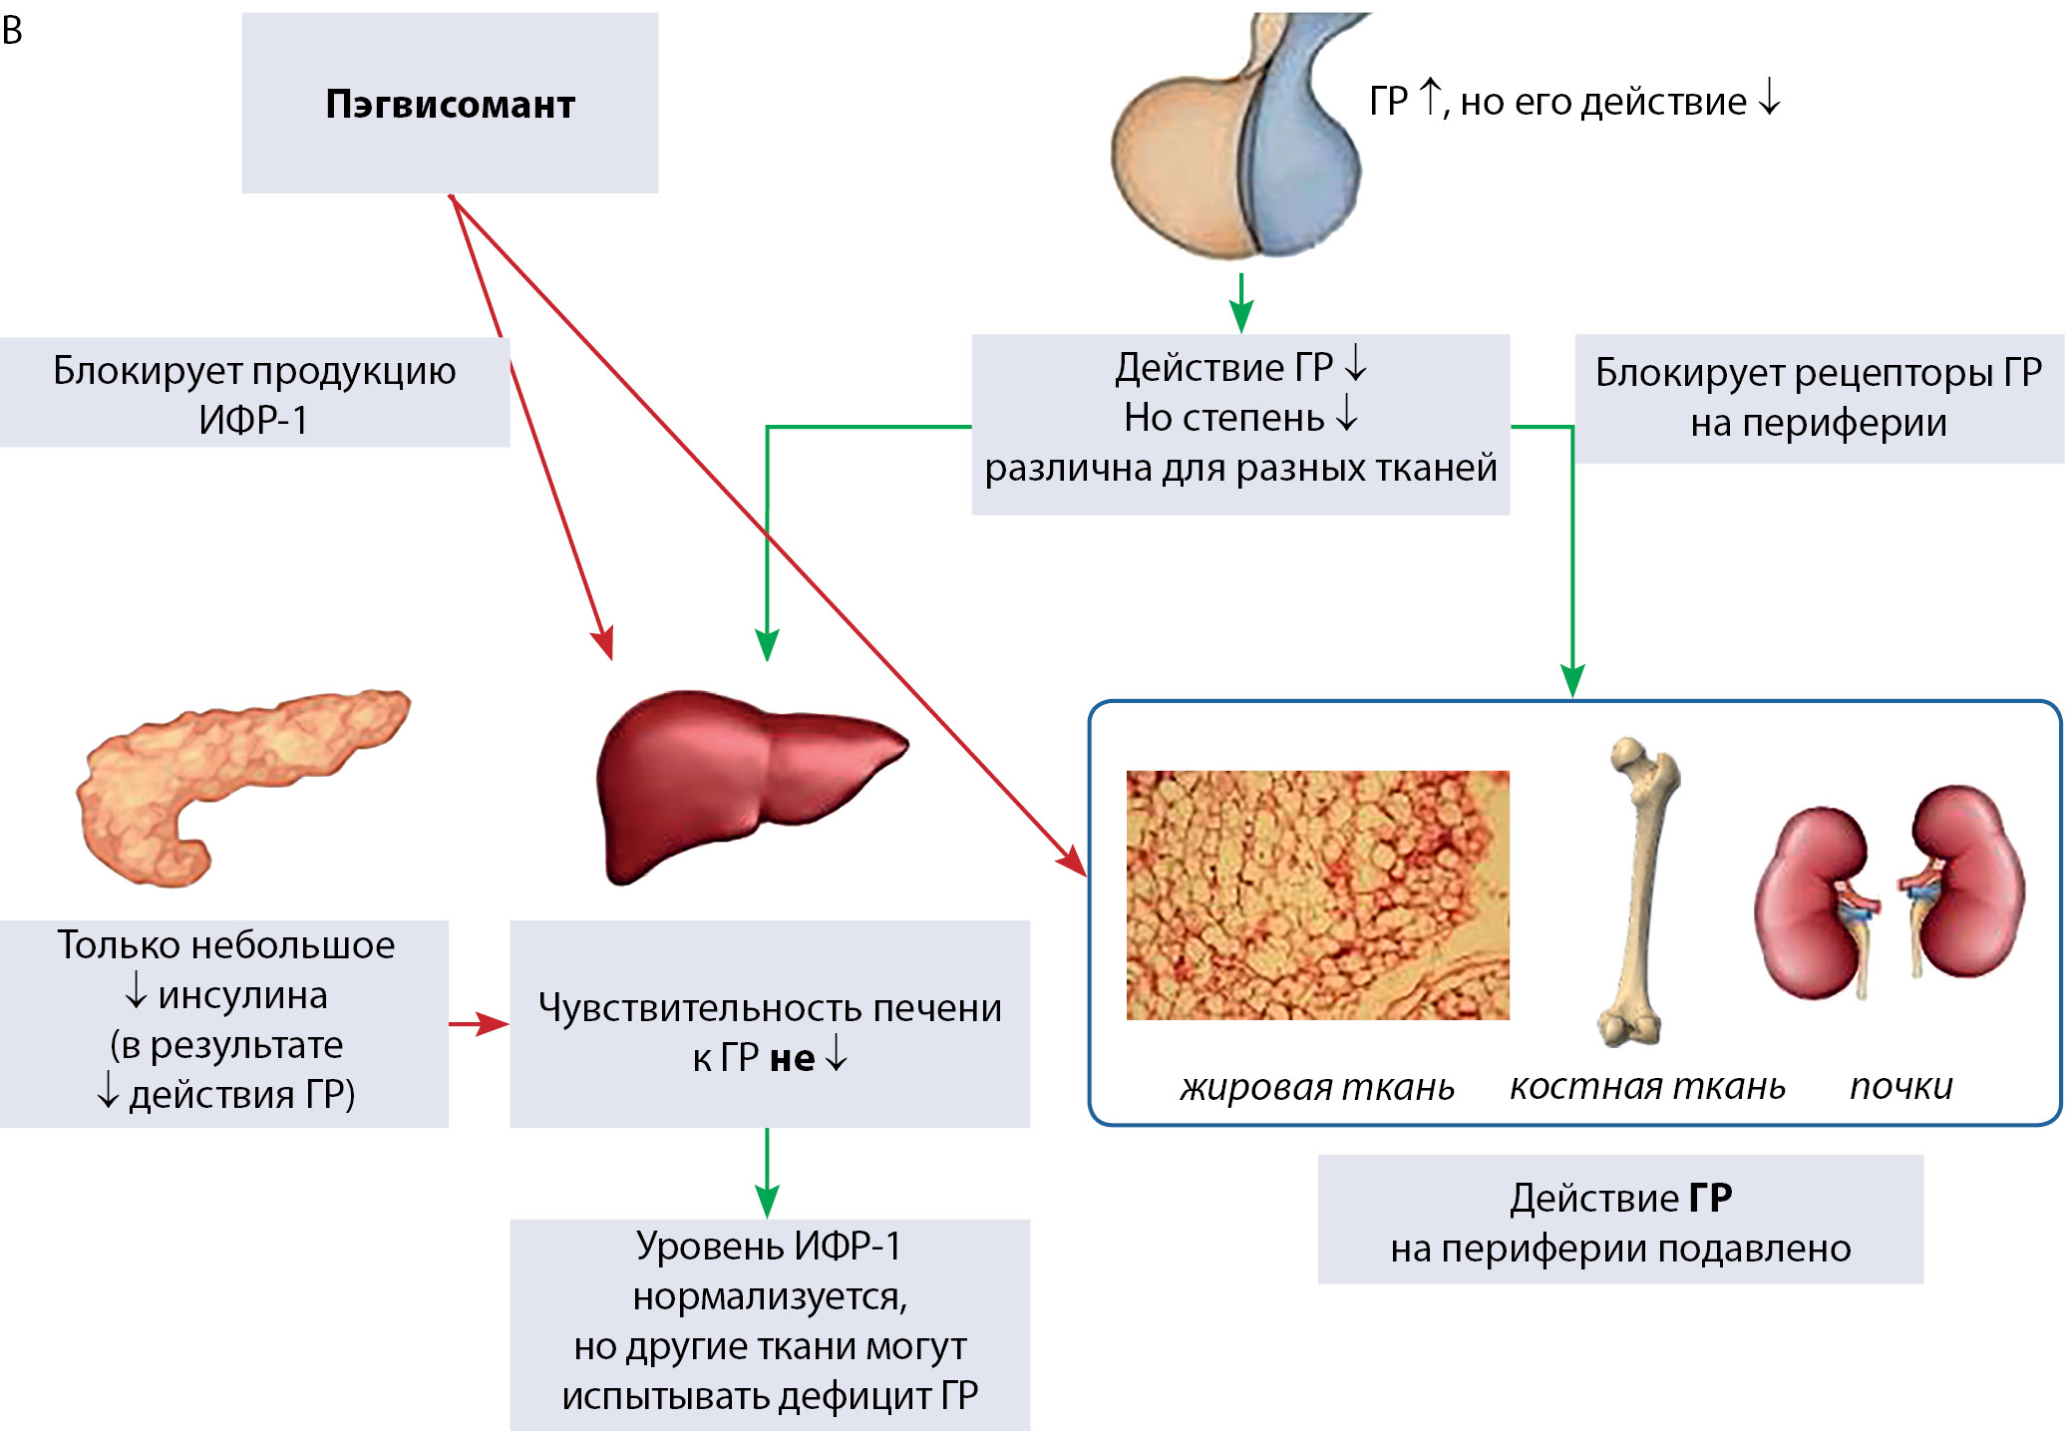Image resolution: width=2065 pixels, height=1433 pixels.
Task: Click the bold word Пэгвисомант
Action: point(450,104)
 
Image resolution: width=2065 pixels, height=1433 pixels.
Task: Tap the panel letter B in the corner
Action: point(13,31)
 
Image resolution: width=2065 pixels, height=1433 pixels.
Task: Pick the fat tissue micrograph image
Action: point(1317,895)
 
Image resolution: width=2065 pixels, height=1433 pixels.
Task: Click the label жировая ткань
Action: point(1317,1086)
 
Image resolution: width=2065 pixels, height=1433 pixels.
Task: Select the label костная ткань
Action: point(1647,1085)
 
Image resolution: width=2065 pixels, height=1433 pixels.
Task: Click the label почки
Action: point(1900,1085)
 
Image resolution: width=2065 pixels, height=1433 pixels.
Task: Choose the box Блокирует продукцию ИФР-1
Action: point(254,394)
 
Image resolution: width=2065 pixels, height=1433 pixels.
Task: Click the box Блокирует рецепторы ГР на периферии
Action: point(1818,398)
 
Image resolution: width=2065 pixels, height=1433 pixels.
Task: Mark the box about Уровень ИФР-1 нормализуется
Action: point(769,1321)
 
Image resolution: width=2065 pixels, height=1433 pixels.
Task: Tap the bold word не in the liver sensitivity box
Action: point(792,1058)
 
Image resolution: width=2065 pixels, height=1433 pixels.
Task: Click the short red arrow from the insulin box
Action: point(479,1024)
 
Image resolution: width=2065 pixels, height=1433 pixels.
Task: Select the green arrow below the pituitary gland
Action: point(1240,302)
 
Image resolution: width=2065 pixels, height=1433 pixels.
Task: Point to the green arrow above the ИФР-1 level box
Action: point(767,1173)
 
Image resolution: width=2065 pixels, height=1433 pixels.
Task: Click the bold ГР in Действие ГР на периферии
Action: point(1710,1198)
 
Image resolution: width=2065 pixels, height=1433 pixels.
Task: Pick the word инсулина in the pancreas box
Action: point(242,995)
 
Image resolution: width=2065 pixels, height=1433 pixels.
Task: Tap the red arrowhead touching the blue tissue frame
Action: point(1073,861)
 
